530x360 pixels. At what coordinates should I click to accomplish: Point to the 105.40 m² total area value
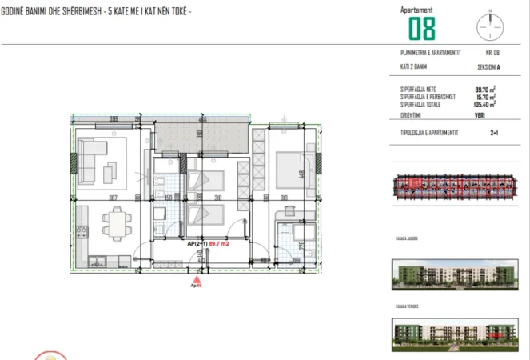click(484, 103)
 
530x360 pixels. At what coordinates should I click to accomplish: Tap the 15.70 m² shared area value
click(484, 96)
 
